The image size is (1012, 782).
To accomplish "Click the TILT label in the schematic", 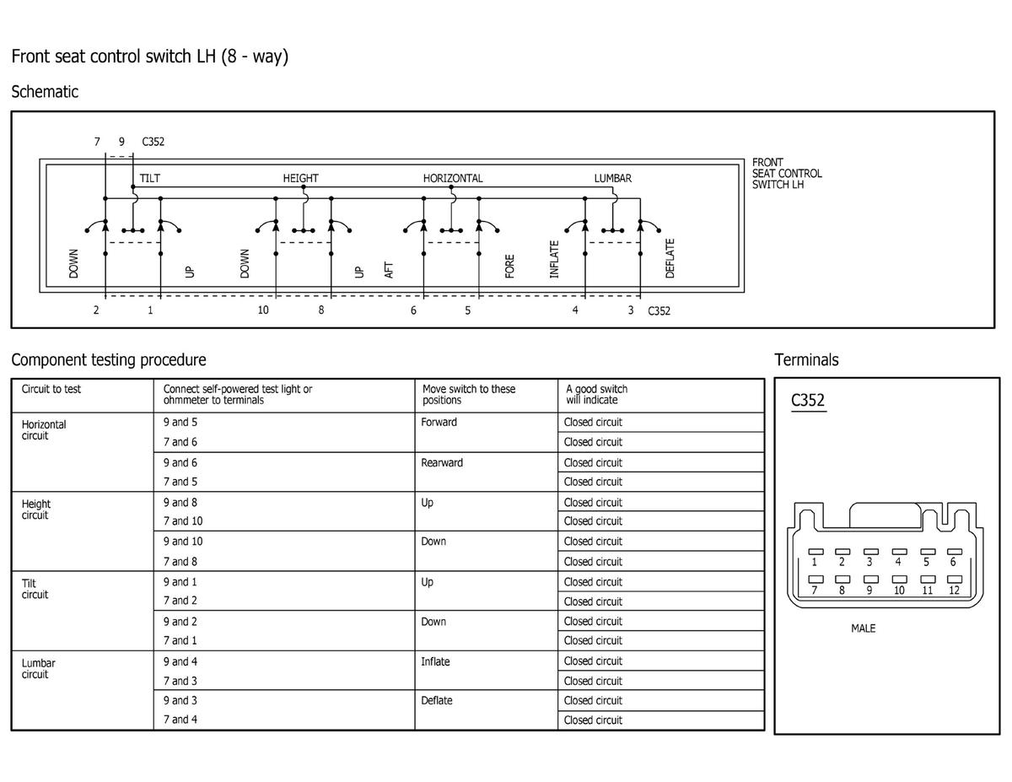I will [x=150, y=178].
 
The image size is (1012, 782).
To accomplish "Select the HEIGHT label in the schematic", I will [x=300, y=178].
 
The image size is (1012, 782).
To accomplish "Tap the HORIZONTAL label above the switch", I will [x=453, y=178].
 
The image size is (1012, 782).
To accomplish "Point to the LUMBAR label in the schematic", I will [x=612, y=178].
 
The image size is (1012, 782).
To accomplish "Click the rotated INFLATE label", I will [x=554, y=259].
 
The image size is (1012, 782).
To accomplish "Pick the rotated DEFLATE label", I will [x=670, y=258].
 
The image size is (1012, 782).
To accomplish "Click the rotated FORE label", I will [x=509, y=267].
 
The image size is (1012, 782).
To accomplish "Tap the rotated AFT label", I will [x=389, y=270].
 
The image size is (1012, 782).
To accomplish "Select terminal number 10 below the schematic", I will [x=263, y=310].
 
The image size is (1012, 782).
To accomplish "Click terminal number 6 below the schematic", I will [x=413, y=310].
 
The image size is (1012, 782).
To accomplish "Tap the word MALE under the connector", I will [x=863, y=628].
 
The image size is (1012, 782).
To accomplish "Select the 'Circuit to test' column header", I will [x=51, y=389].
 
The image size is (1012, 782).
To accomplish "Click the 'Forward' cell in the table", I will [x=439, y=422].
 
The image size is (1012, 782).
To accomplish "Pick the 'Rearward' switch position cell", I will [x=442, y=462].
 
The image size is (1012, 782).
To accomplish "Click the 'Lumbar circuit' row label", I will [x=38, y=668].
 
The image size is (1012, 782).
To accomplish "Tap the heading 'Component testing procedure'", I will [x=108, y=360].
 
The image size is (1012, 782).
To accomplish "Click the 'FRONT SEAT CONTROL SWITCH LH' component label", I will [x=787, y=173].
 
